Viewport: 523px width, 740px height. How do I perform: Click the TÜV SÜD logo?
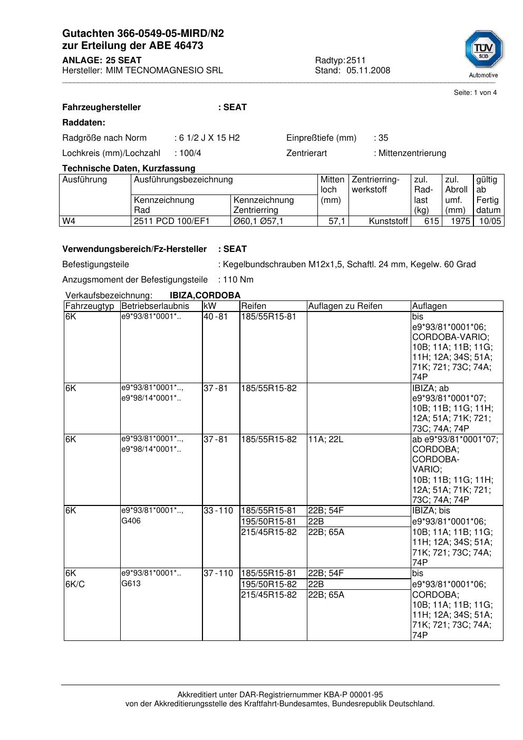(x=483, y=51)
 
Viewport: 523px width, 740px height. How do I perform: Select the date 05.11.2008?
(x=368, y=70)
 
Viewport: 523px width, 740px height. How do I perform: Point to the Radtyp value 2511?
(x=356, y=60)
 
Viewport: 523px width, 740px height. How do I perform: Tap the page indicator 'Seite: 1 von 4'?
(x=475, y=93)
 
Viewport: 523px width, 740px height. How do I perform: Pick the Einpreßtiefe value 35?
(x=383, y=138)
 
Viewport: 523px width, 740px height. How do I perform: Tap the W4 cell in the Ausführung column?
(x=69, y=221)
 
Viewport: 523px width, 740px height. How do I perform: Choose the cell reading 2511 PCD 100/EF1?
(x=172, y=221)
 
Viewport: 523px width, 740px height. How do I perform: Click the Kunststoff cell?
(x=389, y=221)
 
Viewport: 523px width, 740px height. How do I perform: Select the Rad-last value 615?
(x=431, y=221)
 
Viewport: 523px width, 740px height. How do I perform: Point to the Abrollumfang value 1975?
(x=460, y=221)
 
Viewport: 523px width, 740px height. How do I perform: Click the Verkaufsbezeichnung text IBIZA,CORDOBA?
(x=205, y=296)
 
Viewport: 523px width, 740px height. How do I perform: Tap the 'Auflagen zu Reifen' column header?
(x=345, y=306)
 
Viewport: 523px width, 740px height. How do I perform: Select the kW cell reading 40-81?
(x=216, y=317)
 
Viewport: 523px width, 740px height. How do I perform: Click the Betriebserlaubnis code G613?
(x=131, y=584)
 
